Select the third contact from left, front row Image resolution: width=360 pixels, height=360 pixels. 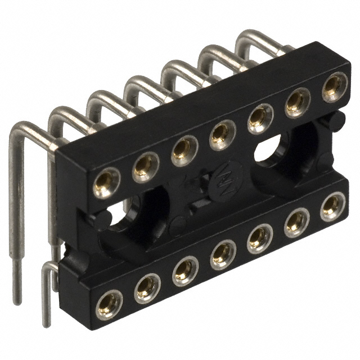coord(185,272)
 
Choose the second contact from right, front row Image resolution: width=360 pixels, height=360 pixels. coord(296,223)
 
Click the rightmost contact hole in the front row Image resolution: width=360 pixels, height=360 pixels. coord(332,206)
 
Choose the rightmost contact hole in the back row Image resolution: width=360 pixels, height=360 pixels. coord(334,86)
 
